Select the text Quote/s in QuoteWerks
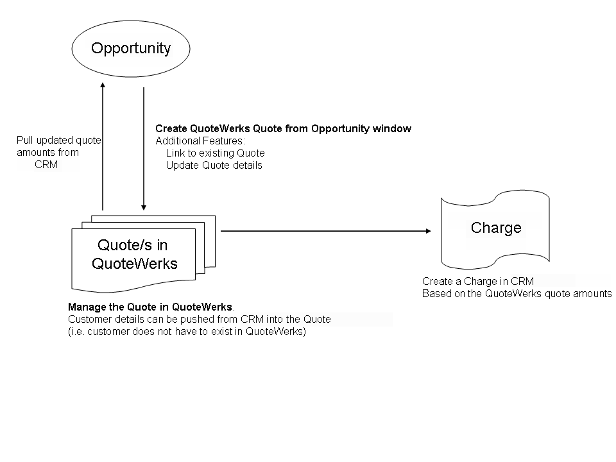point(134,254)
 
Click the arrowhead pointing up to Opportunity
point(103,85)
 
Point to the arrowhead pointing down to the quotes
point(144,207)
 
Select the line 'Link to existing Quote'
point(215,153)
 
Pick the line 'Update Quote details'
point(214,165)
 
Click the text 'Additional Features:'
point(200,141)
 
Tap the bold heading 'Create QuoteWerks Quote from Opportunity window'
point(283,129)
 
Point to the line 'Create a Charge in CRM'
point(477,282)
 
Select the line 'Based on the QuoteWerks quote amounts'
point(517,294)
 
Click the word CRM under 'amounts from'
point(46,164)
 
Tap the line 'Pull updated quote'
point(58,141)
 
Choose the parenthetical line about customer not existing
point(187,332)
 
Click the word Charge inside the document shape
point(496,228)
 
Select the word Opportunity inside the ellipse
point(131,48)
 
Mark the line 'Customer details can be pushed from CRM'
point(199,320)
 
